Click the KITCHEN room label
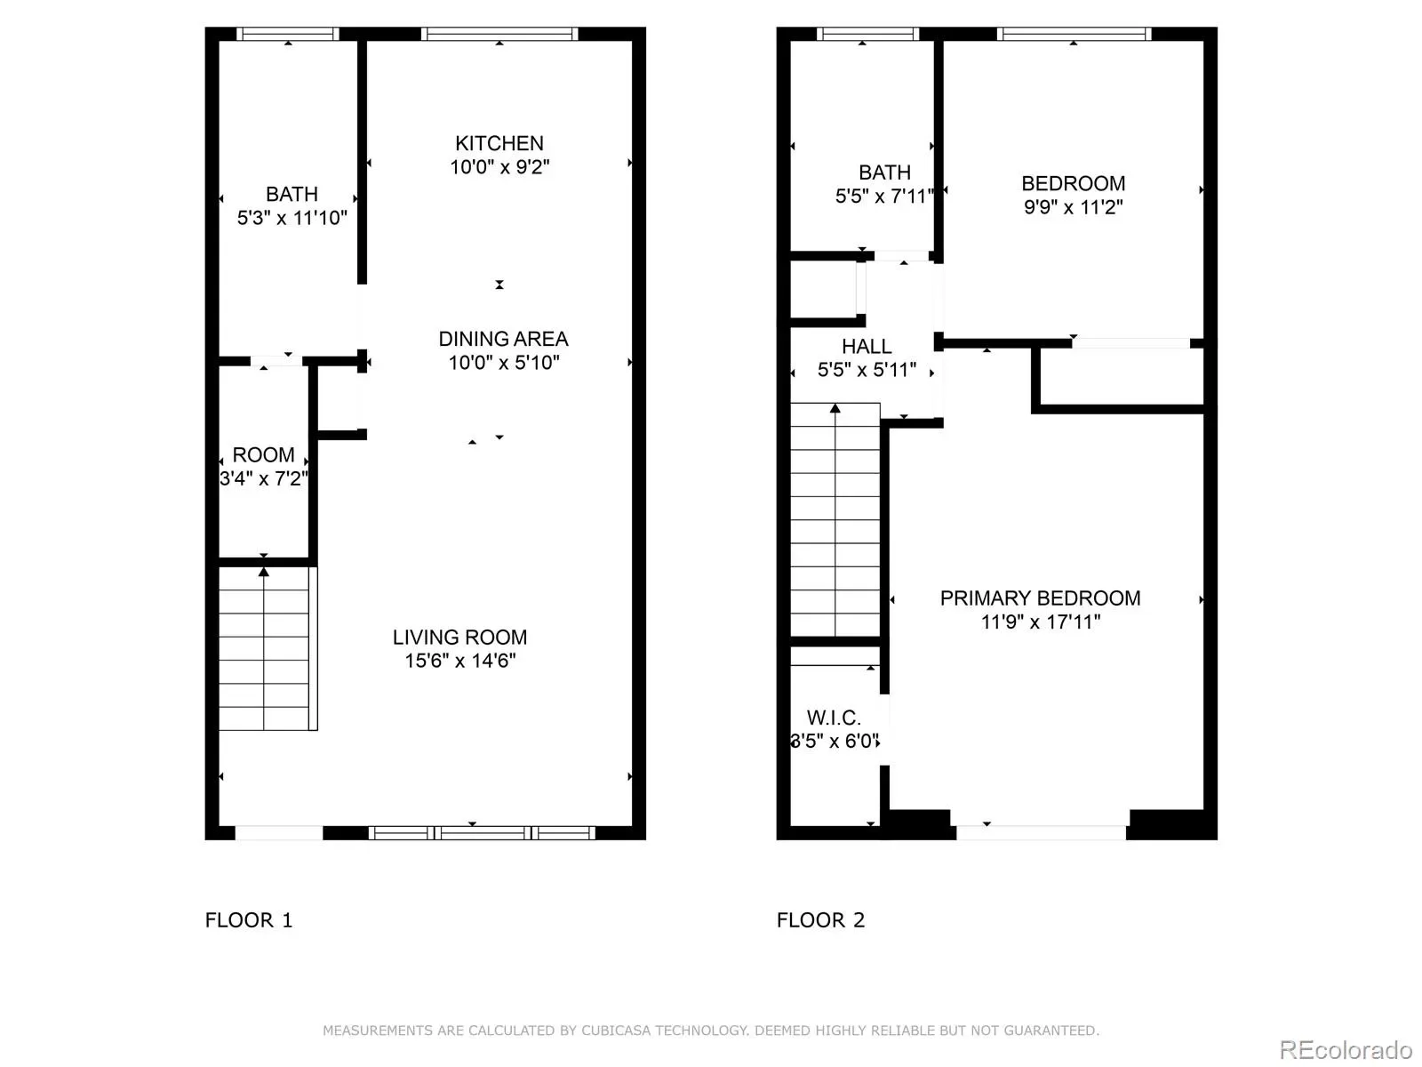coord(499,143)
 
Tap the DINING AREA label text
coord(503,339)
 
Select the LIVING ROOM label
coord(459,638)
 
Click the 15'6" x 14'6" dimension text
coord(460,661)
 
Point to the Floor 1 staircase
coord(268,648)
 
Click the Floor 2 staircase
coord(835,519)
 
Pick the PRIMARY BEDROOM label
coord(1040,598)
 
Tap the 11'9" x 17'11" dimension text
coord(1041,622)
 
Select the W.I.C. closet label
coord(834,718)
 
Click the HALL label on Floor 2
coord(867,347)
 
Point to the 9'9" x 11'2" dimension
coord(1073,207)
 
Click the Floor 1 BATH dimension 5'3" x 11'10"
coord(292,218)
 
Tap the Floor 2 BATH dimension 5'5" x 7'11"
coord(884,197)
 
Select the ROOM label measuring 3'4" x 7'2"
coord(263,454)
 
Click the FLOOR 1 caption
coord(249,920)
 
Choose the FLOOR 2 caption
coord(821,920)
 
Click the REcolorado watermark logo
coord(1346,1049)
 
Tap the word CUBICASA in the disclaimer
coord(615,1031)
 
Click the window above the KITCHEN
coord(499,34)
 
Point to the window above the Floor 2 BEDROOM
coord(1074,34)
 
